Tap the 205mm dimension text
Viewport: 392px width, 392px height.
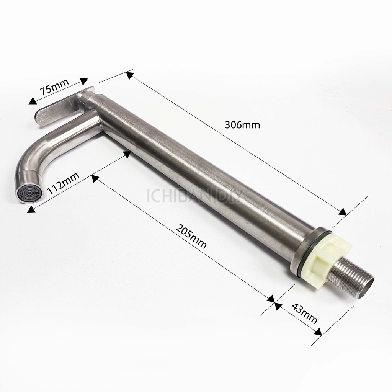coord(191,236)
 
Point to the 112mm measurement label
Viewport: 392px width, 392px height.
coord(63,183)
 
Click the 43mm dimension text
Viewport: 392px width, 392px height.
coord(304,313)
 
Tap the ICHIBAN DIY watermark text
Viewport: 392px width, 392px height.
coord(195,196)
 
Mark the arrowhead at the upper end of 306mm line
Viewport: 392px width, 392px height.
coord(130,75)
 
